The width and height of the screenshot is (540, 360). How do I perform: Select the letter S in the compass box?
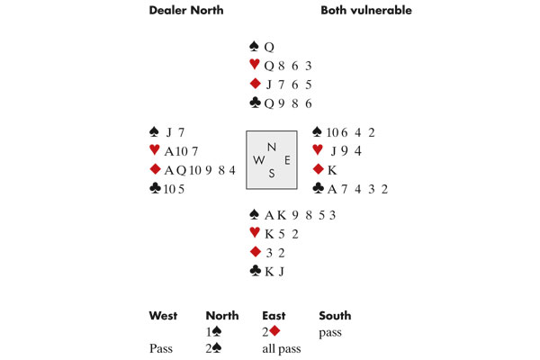click(272, 175)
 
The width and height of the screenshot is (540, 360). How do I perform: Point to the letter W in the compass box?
click(258, 160)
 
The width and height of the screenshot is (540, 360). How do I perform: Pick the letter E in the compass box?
click(286, 160)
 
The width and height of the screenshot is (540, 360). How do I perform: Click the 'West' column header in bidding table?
click(163, 316)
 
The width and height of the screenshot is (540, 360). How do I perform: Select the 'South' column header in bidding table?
click(335, 316)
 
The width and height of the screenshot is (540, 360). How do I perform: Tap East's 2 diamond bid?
click(274, 332)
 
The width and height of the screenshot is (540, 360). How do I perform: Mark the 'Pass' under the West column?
click(160, 347)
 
